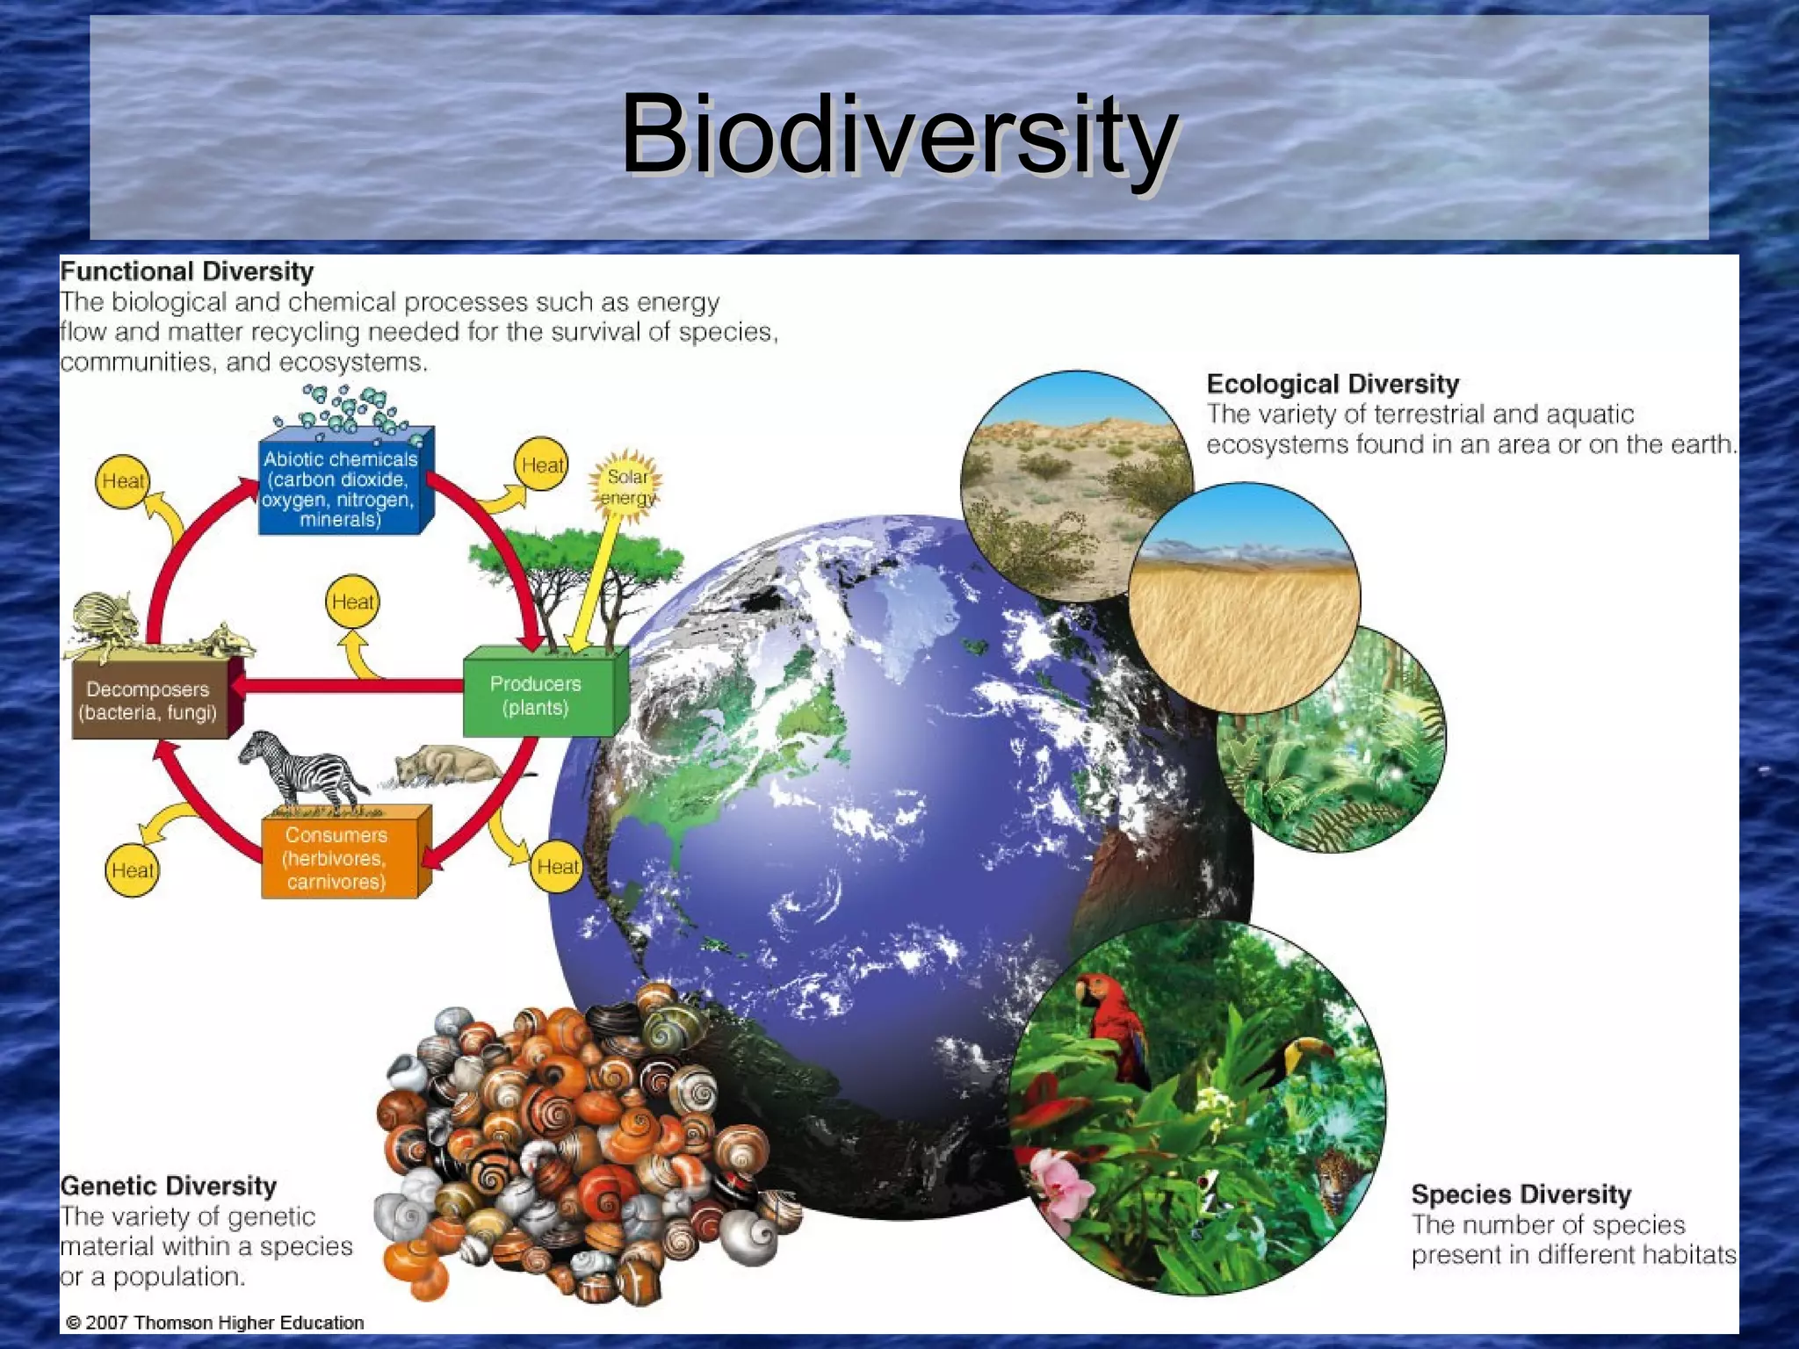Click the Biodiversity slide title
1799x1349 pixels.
899,136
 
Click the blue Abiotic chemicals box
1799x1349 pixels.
340,487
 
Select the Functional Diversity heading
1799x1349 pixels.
186,271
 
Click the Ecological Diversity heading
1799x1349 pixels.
1332,384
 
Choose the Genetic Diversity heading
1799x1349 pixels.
168,1186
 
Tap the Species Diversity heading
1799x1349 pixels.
1521,1194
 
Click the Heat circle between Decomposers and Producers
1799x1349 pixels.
352,602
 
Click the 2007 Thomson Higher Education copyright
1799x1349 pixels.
215,1323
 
